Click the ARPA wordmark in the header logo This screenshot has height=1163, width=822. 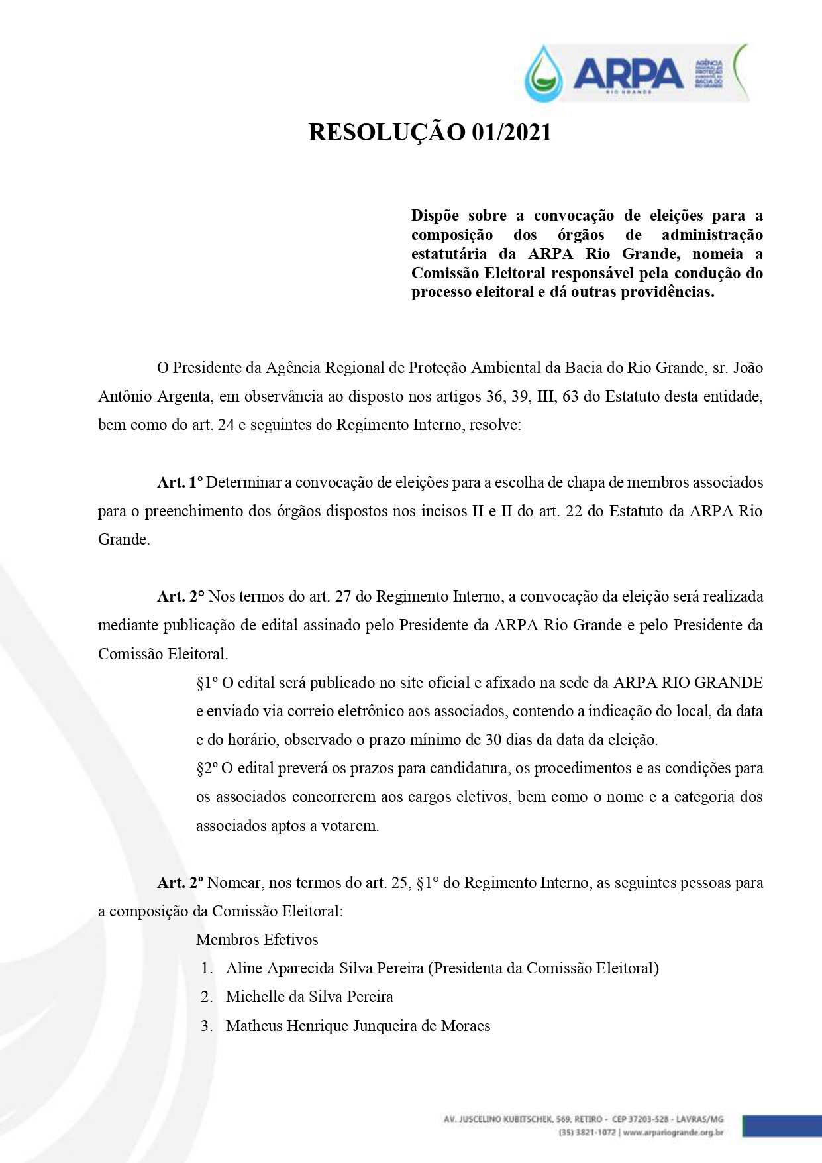628,72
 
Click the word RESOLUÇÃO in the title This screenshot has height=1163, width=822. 387,133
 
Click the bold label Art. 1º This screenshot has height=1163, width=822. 180,482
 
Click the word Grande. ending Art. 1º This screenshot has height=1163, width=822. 124,539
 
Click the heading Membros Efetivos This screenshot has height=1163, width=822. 257,940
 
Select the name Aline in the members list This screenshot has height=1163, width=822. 245,968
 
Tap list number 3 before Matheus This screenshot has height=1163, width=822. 207,1026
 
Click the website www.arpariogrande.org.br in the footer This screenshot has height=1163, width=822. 672,1133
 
